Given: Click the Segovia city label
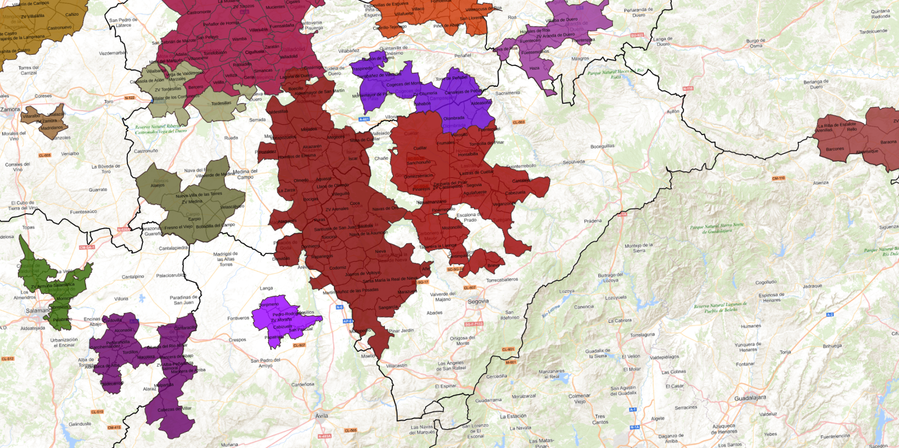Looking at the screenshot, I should pos(478,301).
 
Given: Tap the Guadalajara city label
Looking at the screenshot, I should pos(750,398).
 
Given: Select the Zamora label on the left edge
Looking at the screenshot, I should pos(10,109).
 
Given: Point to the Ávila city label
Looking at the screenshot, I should pos(322,416).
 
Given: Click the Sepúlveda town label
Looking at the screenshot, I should pos(574,162).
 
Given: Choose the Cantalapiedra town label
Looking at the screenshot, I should pos(173,248).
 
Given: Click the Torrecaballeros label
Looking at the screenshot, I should pos(502,280).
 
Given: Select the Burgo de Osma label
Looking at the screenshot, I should pos(755,43).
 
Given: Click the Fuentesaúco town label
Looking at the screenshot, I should pos(83,212).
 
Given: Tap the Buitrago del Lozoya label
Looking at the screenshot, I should pos(610,277).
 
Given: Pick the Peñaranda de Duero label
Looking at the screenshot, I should pos(638,12).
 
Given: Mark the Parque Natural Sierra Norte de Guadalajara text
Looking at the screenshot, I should pos(716,228).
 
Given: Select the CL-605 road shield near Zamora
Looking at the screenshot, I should pos(44,155).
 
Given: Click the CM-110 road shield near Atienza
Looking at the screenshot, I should pos(778,178).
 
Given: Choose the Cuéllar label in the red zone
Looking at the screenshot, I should pos(420,148).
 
